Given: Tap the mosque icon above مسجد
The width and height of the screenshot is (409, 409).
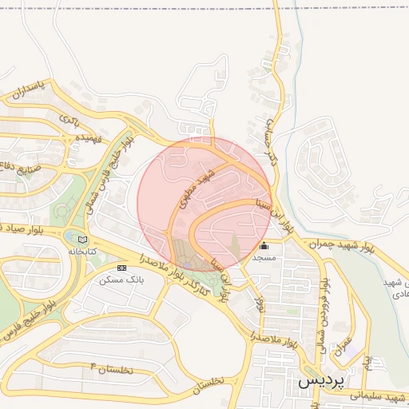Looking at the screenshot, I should click(264, 246).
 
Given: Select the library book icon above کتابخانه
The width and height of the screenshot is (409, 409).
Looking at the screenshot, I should click(82, 239).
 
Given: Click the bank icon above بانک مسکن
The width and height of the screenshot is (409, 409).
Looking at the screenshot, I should click(121, 268).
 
